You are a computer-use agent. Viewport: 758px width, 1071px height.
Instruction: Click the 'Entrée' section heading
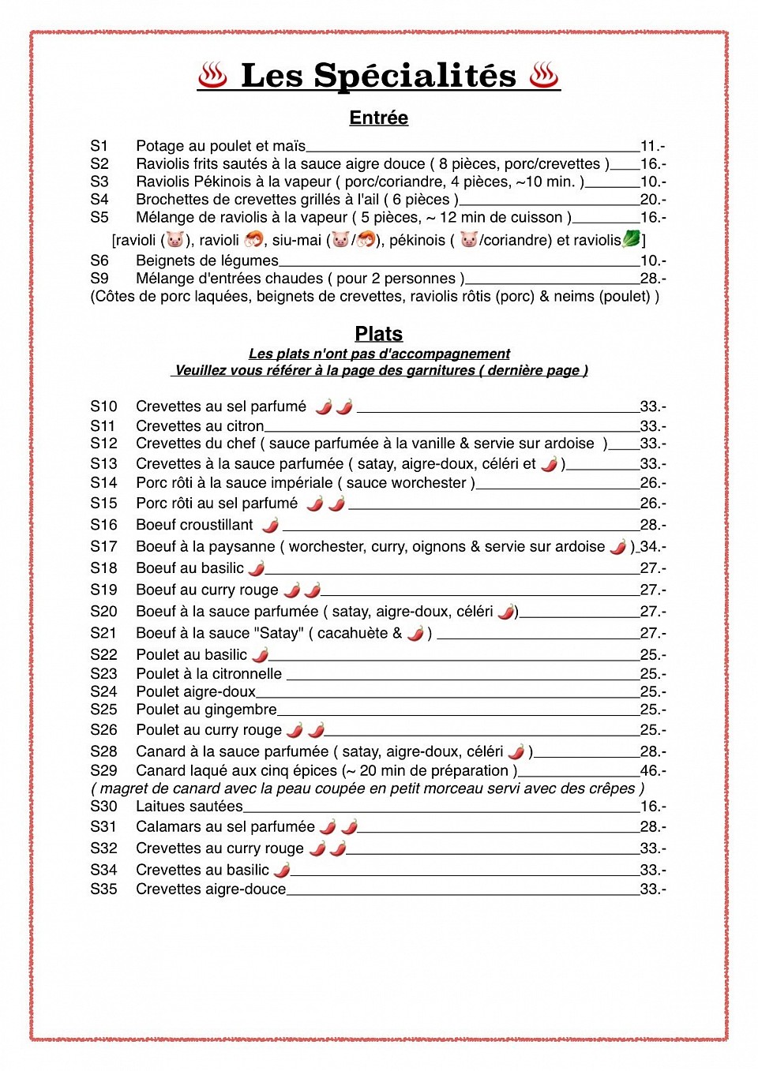coord(378,118)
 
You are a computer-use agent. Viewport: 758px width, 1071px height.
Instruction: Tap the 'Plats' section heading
coord(378,334)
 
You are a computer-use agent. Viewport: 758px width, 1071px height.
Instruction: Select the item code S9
coord(99,279)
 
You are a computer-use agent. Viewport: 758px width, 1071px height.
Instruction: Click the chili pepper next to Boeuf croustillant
coord(270,525)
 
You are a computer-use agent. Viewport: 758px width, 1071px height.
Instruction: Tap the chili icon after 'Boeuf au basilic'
coord(257,568)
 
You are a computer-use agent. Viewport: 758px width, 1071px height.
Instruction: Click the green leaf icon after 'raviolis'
coord(632,238)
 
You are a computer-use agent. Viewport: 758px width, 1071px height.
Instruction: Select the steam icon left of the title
coord(212,76)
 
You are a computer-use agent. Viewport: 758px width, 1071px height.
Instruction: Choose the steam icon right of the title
coord(544,76)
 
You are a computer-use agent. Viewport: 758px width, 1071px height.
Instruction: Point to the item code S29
coord(103,770)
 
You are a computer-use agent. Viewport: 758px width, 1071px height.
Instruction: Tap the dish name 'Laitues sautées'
coord(189,807)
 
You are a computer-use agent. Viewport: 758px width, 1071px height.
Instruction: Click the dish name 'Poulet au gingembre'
coord(206,710)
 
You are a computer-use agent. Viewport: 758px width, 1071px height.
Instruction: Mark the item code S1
coord(99,146)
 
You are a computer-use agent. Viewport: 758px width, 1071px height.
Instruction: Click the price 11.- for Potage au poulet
coord(652,146)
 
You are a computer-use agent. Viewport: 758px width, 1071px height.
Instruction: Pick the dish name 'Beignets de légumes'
coord(207,260)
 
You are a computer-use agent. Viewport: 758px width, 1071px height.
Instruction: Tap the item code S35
coord(103,889)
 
